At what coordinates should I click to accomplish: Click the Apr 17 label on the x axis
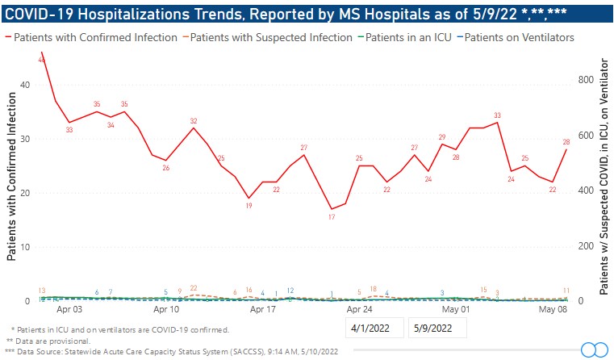tap(263, 309)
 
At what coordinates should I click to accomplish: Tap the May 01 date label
tap(457, 309)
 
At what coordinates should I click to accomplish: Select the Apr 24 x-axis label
tap(359, 309)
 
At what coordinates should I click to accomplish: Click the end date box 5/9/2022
tap(436, 329)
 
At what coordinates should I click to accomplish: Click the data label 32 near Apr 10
tap(194, 121)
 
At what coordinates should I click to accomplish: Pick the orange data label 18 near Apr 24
tap(374, 289)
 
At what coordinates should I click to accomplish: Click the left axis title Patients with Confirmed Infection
tap(12, 176)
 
